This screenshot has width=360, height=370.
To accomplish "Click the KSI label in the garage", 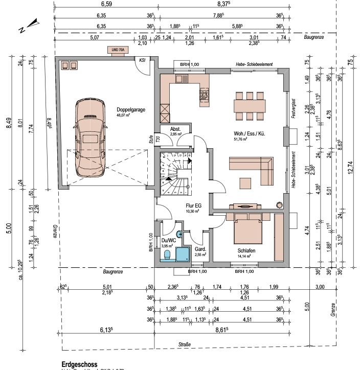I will (142, 60).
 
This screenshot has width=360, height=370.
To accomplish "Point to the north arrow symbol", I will (29, 25).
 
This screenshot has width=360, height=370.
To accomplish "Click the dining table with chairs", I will (250, 104).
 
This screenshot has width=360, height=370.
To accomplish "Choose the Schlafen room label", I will (246, 251).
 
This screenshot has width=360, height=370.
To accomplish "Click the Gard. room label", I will (200, 249).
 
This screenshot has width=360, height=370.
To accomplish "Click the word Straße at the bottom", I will (184, 345).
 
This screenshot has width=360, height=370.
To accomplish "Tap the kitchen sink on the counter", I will (182, 79).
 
